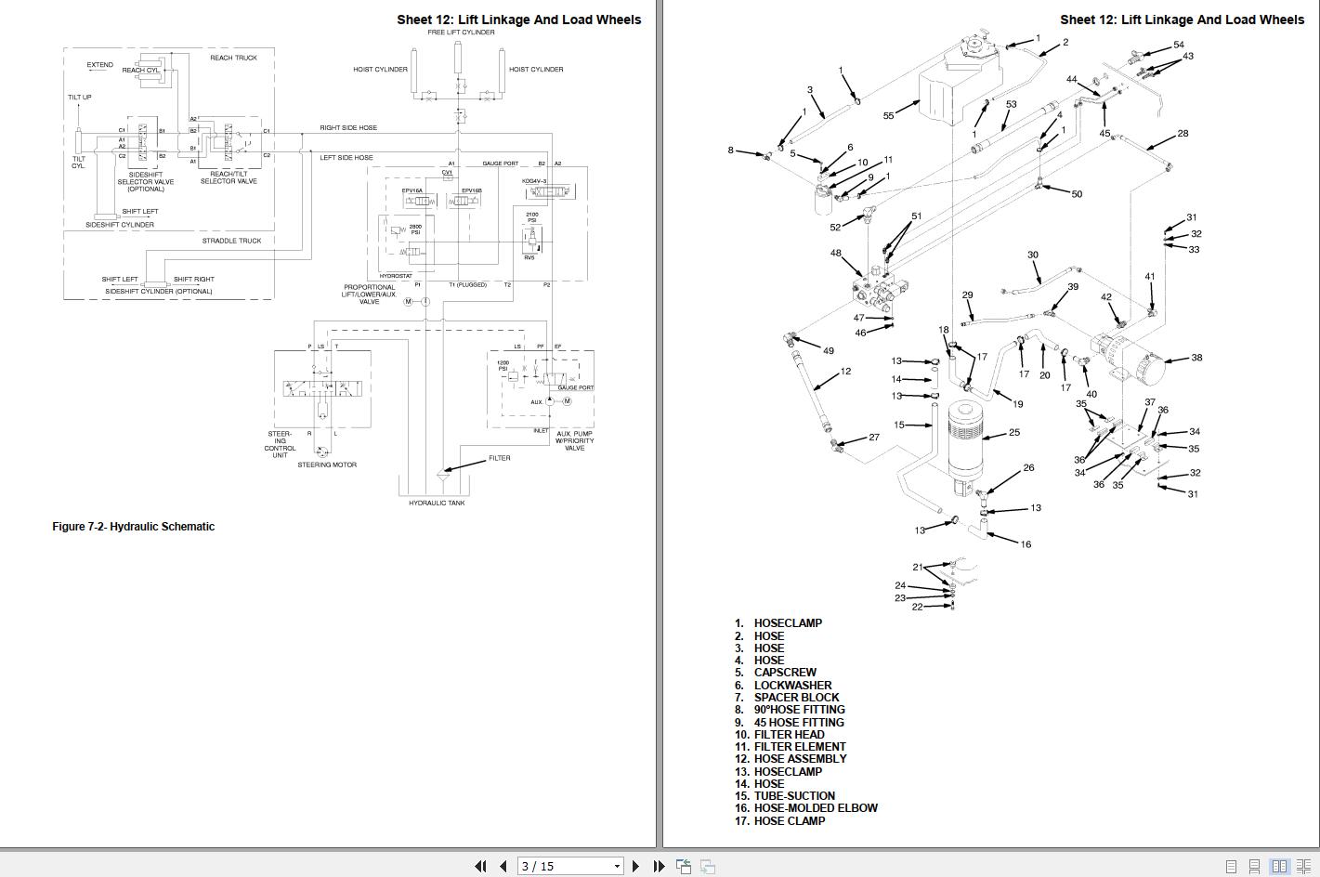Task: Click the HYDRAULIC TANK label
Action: point(437,503)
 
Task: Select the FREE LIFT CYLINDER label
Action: point(461,33)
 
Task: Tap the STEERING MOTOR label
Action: point(327,465)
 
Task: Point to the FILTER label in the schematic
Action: point(499,458)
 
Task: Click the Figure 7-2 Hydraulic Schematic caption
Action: point(133,527)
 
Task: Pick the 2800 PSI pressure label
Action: point(415,229)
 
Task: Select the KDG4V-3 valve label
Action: point(534,181)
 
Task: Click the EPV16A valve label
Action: point(412,190)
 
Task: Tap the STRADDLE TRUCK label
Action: point(231,241)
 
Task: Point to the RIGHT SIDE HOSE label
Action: point(348,127)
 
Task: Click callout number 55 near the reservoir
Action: point(888,116)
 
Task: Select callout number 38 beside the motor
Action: point(1196,358)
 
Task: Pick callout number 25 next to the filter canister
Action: point(1014,432)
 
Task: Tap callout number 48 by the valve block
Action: point(835,253)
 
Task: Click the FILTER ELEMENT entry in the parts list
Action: point(800,747)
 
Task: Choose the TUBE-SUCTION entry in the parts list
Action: point(794,796)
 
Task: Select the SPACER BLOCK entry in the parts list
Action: point(796,698)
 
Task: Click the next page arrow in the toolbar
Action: point(636,866)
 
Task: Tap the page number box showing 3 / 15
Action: point(569,866)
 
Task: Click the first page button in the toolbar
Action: point(480,866)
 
